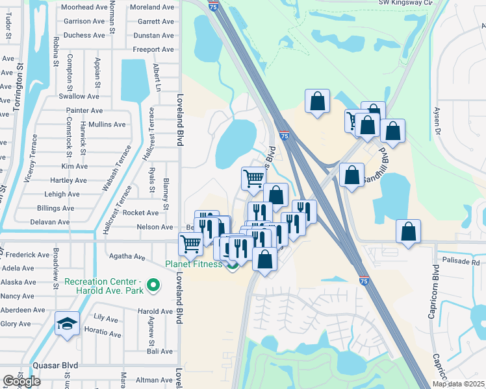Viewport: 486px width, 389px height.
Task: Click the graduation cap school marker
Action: click(68, 324)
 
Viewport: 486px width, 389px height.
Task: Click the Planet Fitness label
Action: click(193, 264)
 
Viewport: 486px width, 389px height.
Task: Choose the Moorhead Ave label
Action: click(83, 7)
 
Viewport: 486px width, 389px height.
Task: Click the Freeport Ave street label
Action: click(153, 49)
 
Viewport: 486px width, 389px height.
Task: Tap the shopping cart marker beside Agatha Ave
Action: click(190, 244)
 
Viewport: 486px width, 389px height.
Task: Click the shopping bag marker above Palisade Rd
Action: click(408, 231)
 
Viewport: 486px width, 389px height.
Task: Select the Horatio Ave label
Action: click(107, 333)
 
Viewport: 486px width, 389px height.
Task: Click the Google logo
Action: click(21, 381)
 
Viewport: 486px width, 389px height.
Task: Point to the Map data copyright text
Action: click(458, 384)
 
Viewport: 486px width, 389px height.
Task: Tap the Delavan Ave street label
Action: click(49, 222)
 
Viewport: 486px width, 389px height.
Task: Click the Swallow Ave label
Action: click(79, 96)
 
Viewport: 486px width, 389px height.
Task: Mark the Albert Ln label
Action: click(156, 78)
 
